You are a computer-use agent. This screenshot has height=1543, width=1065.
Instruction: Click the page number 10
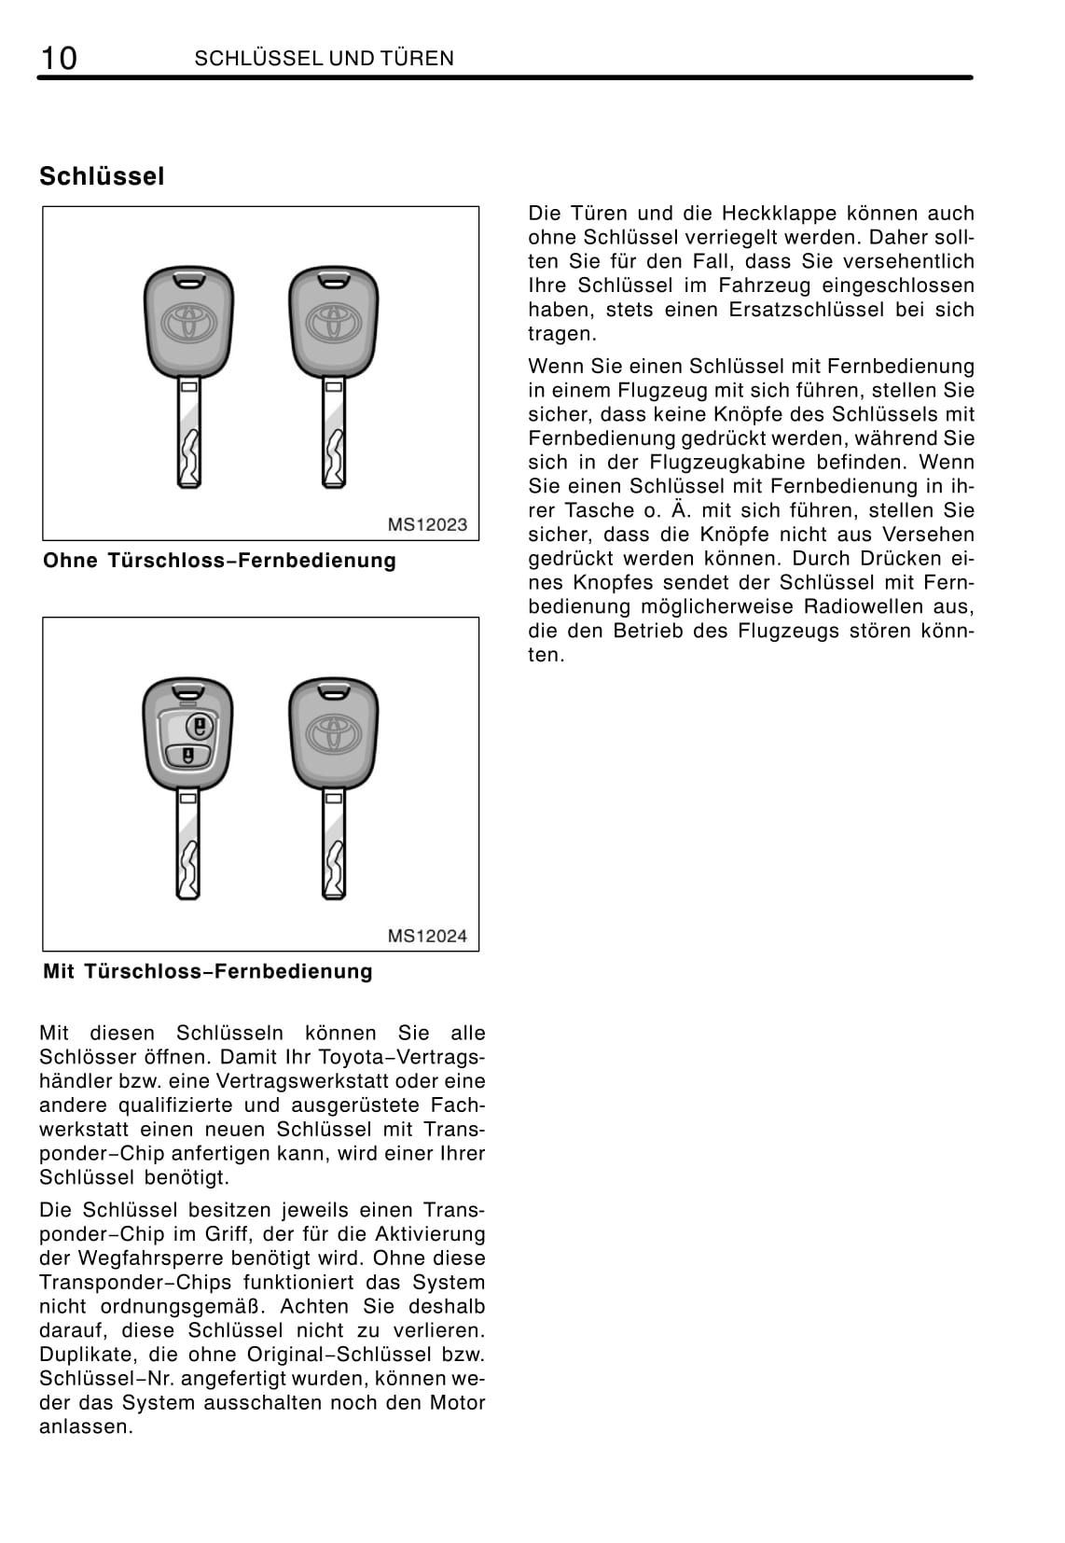(58, 58)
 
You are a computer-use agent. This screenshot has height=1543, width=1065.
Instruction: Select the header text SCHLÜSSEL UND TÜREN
(324, 59)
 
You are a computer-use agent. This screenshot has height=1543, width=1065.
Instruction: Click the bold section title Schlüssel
(102, 176)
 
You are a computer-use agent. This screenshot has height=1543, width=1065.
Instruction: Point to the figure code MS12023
(427, 525)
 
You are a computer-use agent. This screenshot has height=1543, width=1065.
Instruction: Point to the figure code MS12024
(427, 936)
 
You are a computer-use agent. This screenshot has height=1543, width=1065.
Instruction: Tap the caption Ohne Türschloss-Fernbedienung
(219, 561)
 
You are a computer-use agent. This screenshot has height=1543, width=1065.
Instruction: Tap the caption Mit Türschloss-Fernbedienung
(207, 971)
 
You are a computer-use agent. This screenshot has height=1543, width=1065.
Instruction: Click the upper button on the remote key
(198, 726)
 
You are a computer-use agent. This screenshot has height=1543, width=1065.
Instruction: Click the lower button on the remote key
(188, 755)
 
